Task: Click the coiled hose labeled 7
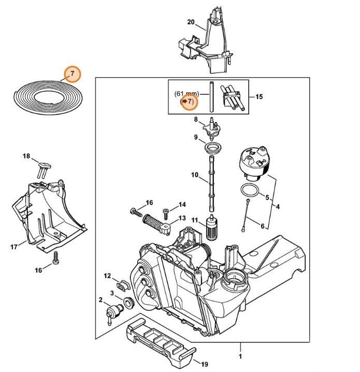pos(47,97)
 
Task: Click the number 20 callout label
pos(190,22)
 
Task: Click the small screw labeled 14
pos(166,211)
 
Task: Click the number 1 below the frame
pos(240,357)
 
